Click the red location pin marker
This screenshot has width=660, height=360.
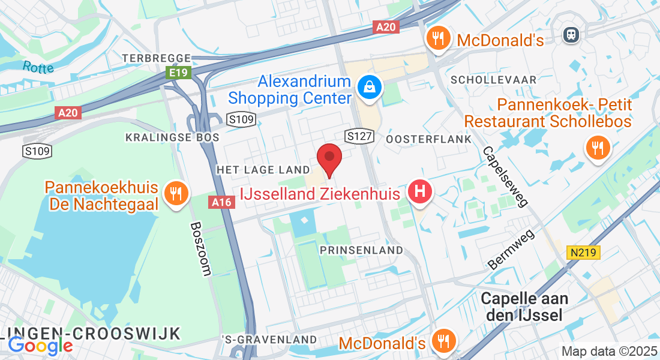[x=329, y=159]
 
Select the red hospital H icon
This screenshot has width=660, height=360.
[x=420, y=193]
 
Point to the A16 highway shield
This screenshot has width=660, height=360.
[x=221, y=202]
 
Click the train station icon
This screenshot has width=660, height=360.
[x=571, y=35]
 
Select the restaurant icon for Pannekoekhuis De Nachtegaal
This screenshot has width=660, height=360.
[x=175, y=193]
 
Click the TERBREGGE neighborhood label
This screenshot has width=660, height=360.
[x=156, y=58]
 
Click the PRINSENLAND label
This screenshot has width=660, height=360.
[x=362, y=249]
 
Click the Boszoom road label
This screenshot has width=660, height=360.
[x=200, y=249]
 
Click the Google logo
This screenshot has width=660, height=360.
[x=40, y=345]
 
